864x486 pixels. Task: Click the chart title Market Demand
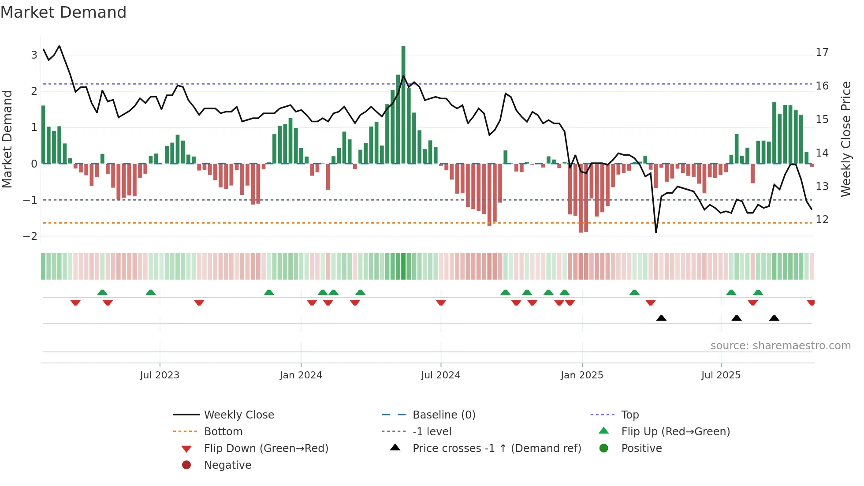pos(63,12)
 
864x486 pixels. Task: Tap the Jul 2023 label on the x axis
pos(160,375)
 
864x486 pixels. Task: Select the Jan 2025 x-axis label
pos(581,375)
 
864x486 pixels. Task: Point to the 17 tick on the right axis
pos(822,52)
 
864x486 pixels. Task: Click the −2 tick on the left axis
pos(30,236)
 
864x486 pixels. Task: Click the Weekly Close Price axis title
pos(845,139)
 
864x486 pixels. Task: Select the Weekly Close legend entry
pos(239,415)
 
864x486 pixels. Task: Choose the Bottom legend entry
pos(223,431)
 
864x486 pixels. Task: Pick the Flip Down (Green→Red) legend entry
pos(266,448)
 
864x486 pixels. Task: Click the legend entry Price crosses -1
pos(496,448)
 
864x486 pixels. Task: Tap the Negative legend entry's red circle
pos(186,465)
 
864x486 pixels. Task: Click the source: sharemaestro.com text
pos(780,345)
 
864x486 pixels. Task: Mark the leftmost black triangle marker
pos(661,318)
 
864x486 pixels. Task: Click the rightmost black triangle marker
pos(774,318)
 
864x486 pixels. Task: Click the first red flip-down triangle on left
pos(75,303)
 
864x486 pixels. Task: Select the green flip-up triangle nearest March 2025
pos(634,292)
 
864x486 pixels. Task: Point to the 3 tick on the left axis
pos(34,55)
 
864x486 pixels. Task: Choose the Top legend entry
pos(629,415)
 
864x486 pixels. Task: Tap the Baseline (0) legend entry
pos(443,415)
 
